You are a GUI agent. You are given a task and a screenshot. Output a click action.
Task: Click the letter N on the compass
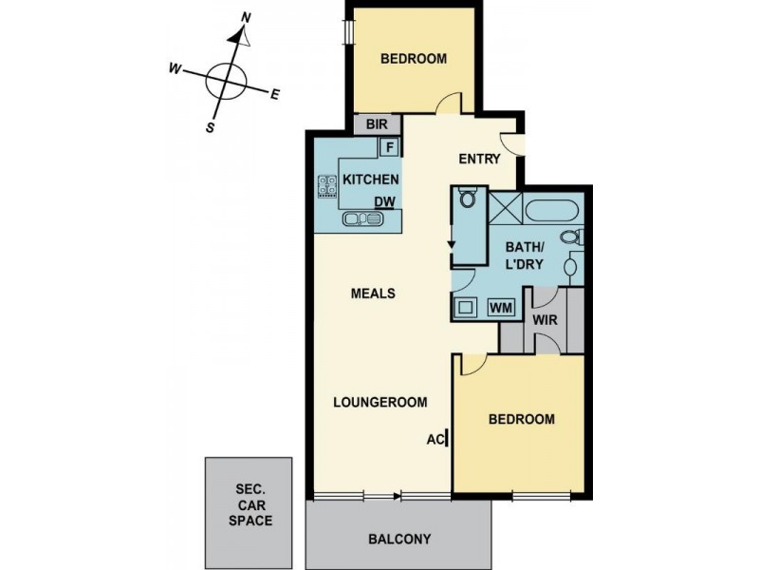click(246, 17)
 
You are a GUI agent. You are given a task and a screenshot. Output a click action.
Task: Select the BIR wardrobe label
click(366, 124)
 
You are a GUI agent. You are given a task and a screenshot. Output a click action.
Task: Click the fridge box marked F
click(388, 147)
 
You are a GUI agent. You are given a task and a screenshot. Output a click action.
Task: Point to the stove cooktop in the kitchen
click(327, 186)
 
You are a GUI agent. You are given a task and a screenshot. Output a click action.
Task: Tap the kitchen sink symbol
click(362, 219)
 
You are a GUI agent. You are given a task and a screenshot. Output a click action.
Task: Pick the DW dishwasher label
click(384, 201)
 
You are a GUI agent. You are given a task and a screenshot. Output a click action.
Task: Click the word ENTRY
click(478, 159)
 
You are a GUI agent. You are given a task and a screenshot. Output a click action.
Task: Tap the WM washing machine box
click(501, 307)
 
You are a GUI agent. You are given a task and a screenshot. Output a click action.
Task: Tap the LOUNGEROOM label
click(379, 401)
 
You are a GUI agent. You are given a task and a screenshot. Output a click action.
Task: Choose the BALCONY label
click(398, 539)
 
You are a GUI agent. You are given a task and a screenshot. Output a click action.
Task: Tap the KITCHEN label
click(370, 180)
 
